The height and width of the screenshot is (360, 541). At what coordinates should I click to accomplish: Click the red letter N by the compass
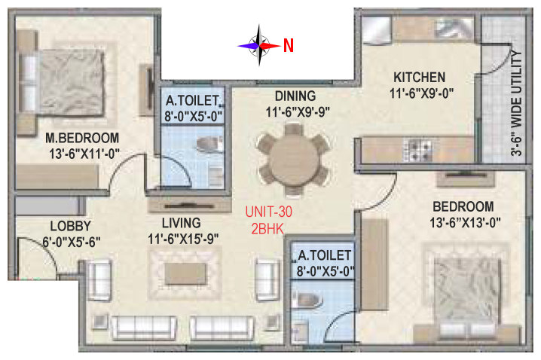pos(289,45)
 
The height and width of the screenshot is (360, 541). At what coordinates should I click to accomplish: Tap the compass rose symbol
pos(259,45)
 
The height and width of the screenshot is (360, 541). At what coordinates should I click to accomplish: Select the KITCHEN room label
pos(419,78)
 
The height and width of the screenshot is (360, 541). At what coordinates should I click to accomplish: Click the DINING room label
pos(295,96)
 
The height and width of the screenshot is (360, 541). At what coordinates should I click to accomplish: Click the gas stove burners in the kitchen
pos(418,150)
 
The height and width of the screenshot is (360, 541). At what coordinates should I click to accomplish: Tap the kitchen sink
pos(454,28)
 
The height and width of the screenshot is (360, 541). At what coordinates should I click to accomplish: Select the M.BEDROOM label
pos(82,138)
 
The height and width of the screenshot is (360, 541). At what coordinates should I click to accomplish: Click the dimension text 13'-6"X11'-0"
pos(84,154)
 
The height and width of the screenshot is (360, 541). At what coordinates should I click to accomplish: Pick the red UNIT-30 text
pos(269,212)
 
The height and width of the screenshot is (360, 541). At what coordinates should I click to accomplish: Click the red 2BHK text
pos(267,229)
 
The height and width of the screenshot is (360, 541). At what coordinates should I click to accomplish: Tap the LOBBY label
pos(71,226)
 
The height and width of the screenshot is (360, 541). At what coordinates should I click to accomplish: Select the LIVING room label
pos(182,223)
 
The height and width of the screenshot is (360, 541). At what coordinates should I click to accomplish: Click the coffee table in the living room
pos(185,274)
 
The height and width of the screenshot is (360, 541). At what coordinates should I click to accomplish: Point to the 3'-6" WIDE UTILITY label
pos(516,103)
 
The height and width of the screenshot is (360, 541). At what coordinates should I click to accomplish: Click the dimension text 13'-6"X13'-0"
pos(465,223)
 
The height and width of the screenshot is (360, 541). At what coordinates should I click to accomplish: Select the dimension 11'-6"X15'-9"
pos(183,239)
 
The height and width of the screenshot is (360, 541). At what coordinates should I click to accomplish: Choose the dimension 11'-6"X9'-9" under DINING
pos(298,112)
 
